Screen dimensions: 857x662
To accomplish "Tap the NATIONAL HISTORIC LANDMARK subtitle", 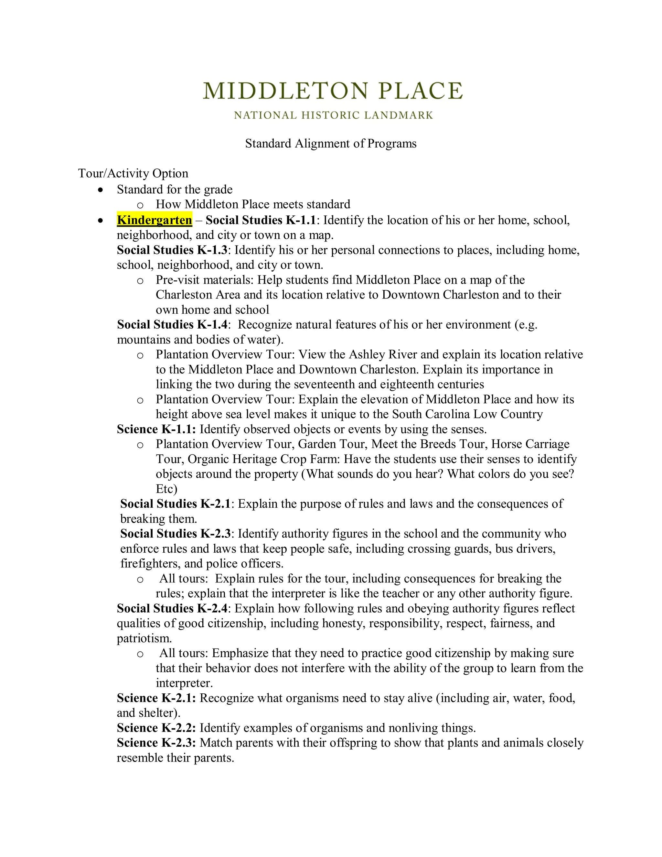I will coord(333,115).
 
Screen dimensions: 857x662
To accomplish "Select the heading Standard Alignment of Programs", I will coord(331,144).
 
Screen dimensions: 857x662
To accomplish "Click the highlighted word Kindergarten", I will coord(155,220).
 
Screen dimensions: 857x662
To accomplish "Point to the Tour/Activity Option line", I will coord(133,173).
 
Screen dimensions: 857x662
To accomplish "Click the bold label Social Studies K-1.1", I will coord(261,220).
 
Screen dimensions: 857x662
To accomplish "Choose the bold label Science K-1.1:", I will coord(156,429).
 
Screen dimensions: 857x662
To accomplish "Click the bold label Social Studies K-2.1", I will coord(175,504).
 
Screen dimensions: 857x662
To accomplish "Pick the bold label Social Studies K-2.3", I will coord(175,534).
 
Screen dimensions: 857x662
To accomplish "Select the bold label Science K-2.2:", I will coord(156,728).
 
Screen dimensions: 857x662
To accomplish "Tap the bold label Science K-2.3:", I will coord(156,743).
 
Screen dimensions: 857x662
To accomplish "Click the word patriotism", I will coord(144,638).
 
